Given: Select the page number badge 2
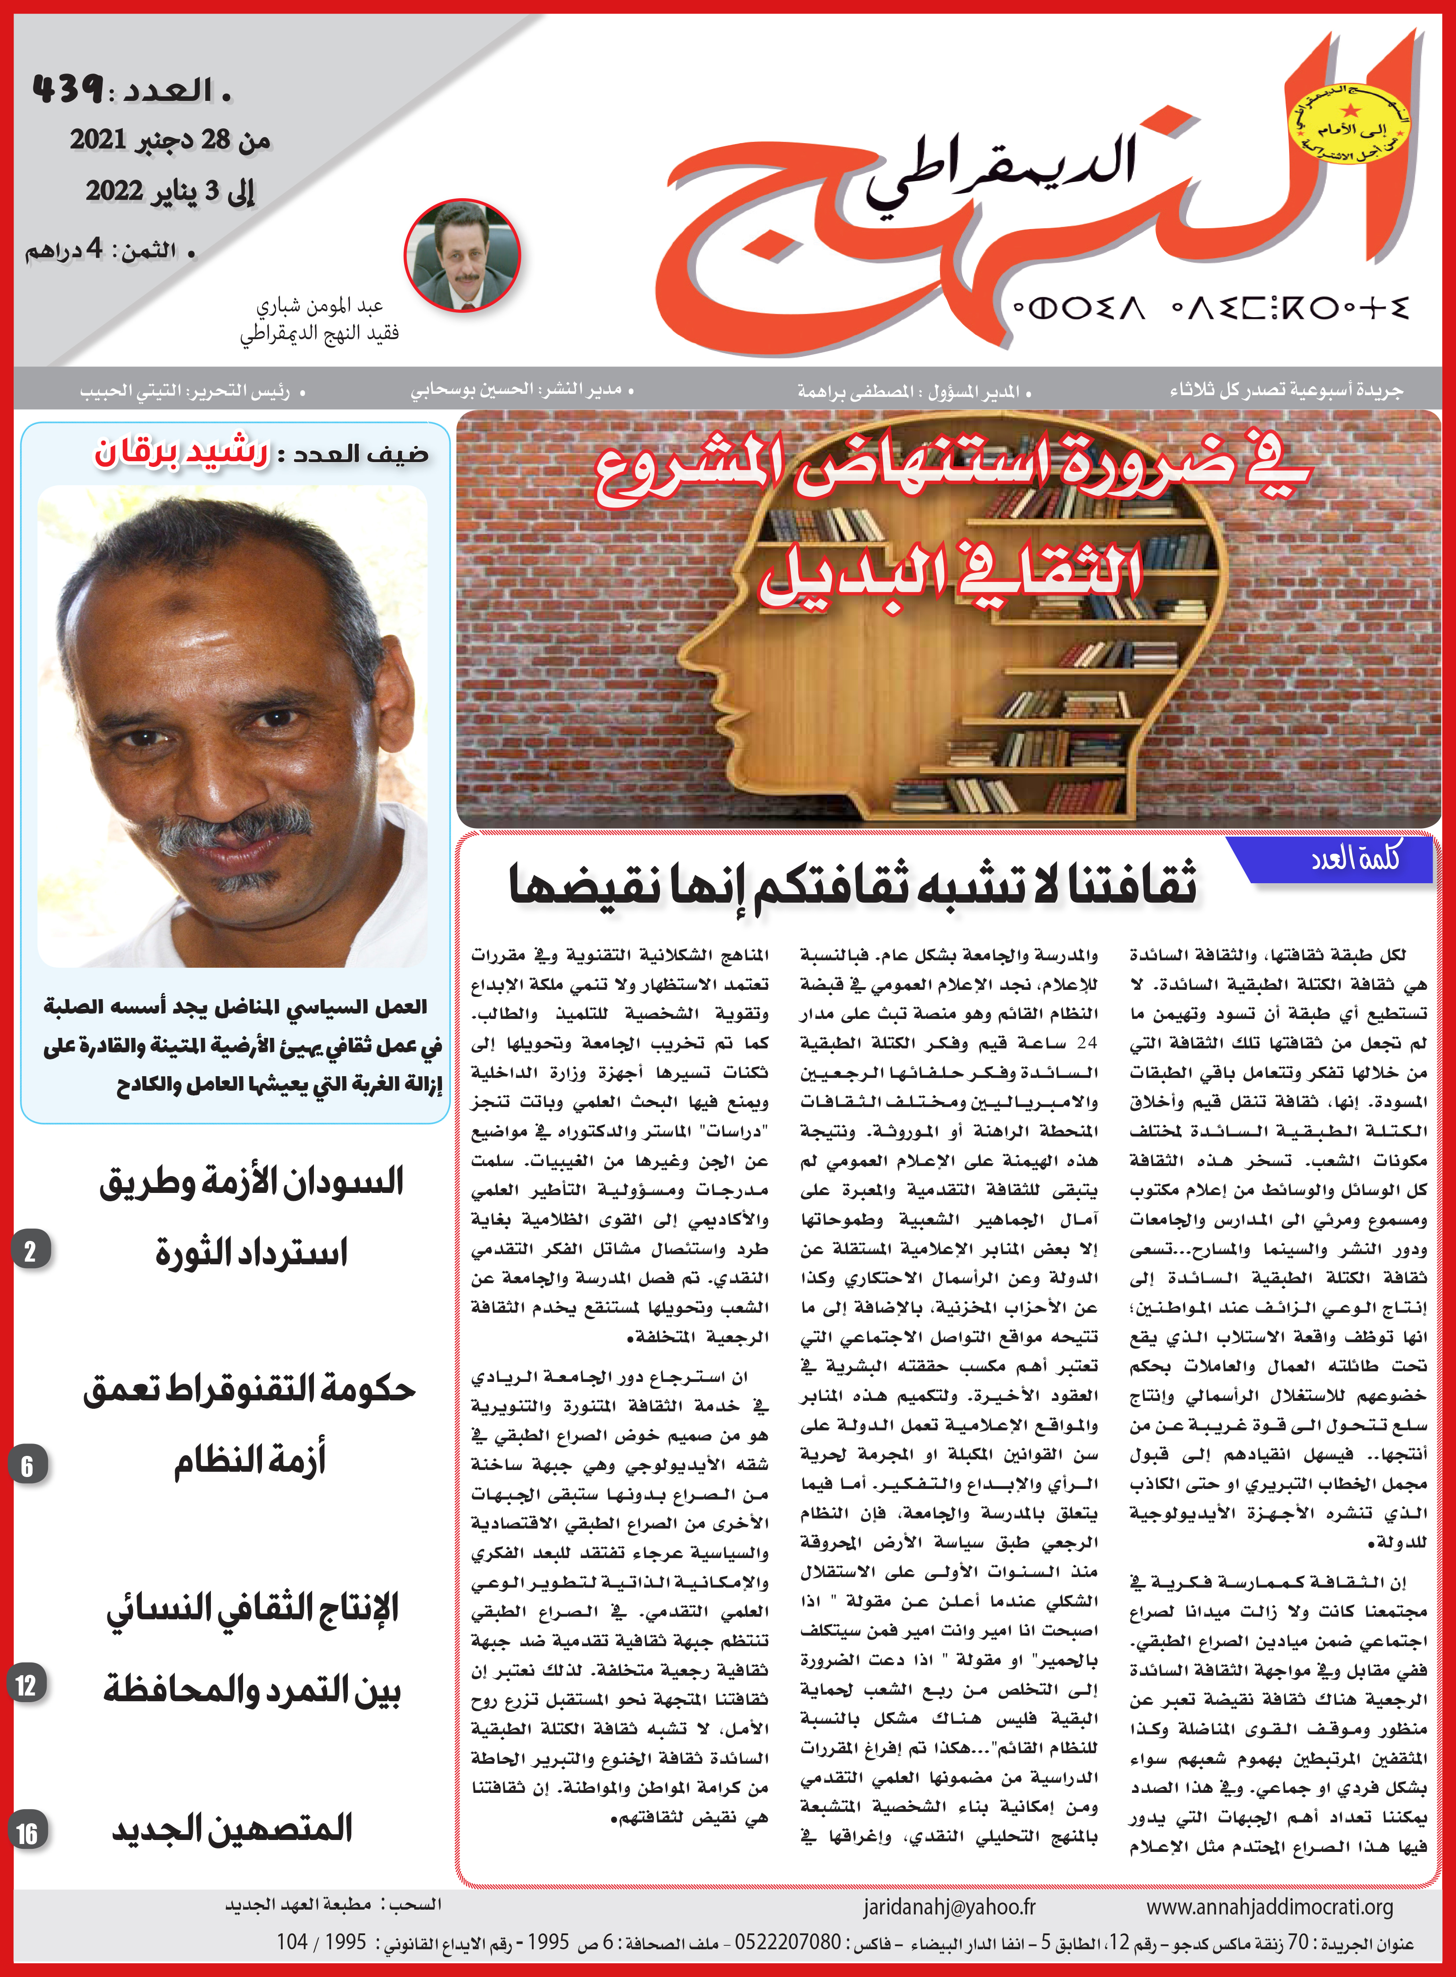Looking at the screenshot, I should [x=30, y=1251].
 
